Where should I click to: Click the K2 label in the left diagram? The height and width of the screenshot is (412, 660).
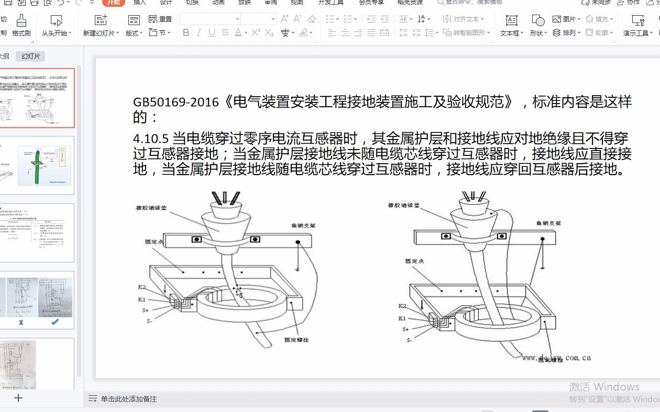[142, 287]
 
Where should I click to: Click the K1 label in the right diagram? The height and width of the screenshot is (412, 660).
[402, 318]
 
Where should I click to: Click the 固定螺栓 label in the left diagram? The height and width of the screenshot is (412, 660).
[296, 339]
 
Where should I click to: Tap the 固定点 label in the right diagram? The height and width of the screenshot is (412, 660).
[414, 261]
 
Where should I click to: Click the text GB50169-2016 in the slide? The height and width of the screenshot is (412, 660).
[175, 102]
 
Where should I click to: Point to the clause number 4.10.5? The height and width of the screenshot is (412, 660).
[151, 139]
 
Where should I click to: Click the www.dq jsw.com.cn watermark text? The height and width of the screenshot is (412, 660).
[556, 358]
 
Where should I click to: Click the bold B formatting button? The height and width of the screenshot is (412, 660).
[186, 32]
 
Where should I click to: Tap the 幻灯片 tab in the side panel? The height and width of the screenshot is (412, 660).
[30, 56]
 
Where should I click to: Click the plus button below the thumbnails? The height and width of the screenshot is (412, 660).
[18, 398]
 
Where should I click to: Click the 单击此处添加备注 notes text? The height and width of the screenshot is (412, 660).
[129, 399]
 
